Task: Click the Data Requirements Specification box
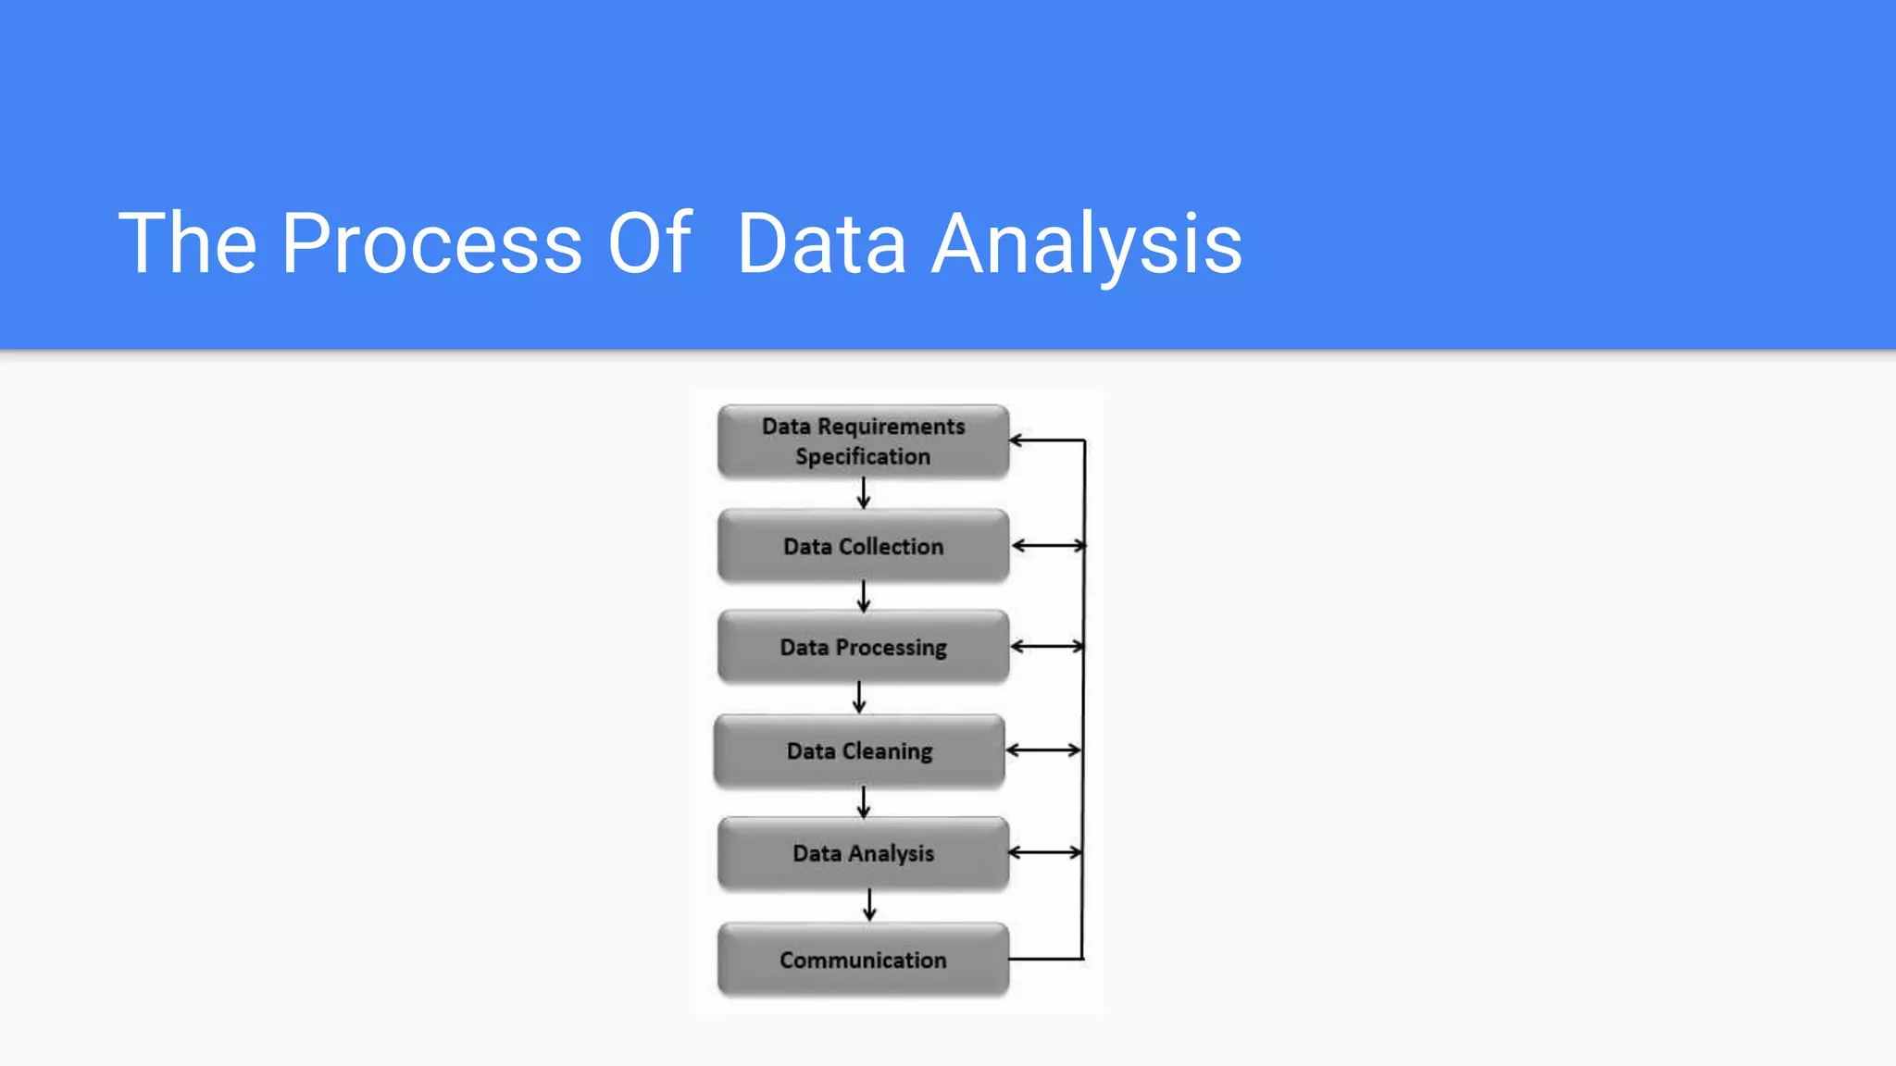(863, 441)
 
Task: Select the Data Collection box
(863, 546)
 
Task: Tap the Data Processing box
(863, 647)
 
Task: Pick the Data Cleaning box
(859, 750)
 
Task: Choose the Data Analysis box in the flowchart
(863, 853)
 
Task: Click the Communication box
(863, 960)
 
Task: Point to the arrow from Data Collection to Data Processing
(863, 596)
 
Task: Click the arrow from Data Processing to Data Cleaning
(859, 698)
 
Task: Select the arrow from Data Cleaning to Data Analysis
(863, 801)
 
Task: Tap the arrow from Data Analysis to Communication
(868, 904)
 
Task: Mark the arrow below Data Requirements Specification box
(863, 493)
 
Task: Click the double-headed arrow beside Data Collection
(1048, 546)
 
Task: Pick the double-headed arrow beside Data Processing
(1047, 647)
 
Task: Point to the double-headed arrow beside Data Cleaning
(1043, 750)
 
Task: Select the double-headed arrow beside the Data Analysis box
(1045, 852)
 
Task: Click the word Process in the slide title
(431, 243)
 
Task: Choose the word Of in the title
(649, 243)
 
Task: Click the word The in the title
(187, 243)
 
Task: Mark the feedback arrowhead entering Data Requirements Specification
(1017, 440)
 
